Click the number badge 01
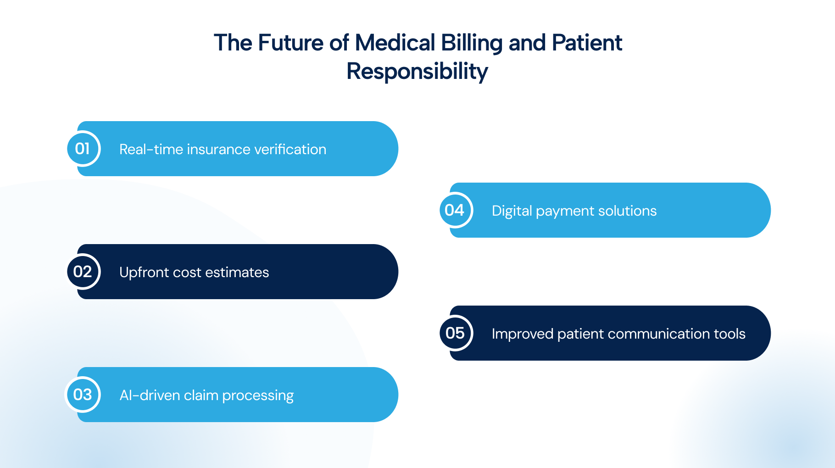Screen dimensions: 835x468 click(x=83, y=149)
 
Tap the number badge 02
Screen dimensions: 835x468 click(x=83, y=272)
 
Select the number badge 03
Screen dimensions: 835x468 click(x=83, y=395)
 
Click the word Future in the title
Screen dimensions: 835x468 click(x=291, y=43)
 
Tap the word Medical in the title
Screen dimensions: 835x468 click(x=395, y=43)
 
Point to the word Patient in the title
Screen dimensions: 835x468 click(x=587, y=43)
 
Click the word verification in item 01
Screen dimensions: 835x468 click(x=290, y=149)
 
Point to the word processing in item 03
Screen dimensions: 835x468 click(x=258, y=396)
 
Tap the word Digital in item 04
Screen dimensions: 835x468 click(x=512, y=211)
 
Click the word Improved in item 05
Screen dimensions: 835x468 click(x=523, y=334)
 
